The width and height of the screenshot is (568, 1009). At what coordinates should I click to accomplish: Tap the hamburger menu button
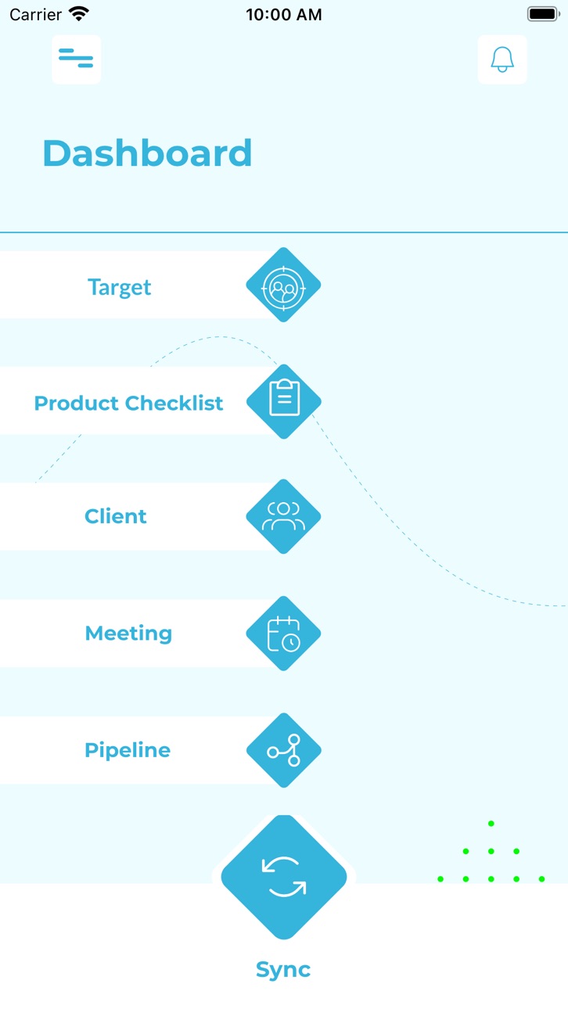pyautogui.click(x=76, y=59)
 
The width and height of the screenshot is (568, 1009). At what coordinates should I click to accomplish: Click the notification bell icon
pyautogui.click(x=502, y=59)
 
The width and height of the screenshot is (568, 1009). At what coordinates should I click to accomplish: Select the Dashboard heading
pyautogui.click(x=147, y=153)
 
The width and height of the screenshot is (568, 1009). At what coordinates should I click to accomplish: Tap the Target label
pyautogui.click(x=120, y=287)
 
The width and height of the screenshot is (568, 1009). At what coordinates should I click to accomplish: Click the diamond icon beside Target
pyautogui.click(x=283, y=285)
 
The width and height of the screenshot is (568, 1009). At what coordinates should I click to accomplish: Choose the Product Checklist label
pyautogui.click(x=129, y=403)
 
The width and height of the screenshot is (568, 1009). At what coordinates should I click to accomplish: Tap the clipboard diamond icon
pyautogui.click(x=284, y=401)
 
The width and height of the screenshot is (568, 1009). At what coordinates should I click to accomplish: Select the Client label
pyautogui.click(x=116, y=516)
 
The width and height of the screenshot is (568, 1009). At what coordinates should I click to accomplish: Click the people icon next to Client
pyautogui.click(x=283, y=516)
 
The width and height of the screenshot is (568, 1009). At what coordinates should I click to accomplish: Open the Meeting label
pyautogui.click(x=129, y=634)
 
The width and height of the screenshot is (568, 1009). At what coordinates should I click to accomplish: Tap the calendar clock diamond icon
pyautogui.click(x=283, y=634)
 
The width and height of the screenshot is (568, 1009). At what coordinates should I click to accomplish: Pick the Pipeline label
pyautogui.click(x=128, y=750)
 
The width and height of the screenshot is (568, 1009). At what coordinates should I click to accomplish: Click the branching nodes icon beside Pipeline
pyautogui.click(x=284, y=750)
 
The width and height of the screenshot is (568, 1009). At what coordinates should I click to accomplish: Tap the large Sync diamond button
pyautogui.click(x=284, y=877)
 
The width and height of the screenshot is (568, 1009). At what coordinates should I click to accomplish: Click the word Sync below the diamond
pyautogui.click(x=283, y=970)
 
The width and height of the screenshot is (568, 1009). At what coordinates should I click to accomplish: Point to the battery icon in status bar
pyautogui.click(x=544, y=14)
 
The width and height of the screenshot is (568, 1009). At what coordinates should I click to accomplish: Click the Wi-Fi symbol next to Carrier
pyautogui.click(x=79, y=14)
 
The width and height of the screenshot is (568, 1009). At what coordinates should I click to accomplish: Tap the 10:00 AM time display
pyautogui.click(x=284, y=14)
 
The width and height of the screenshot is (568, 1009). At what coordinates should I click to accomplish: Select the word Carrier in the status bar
pyautogui.click(x=35, y=14)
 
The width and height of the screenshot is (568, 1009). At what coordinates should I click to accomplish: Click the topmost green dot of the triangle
pyautogui.click(x=491, y=824)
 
